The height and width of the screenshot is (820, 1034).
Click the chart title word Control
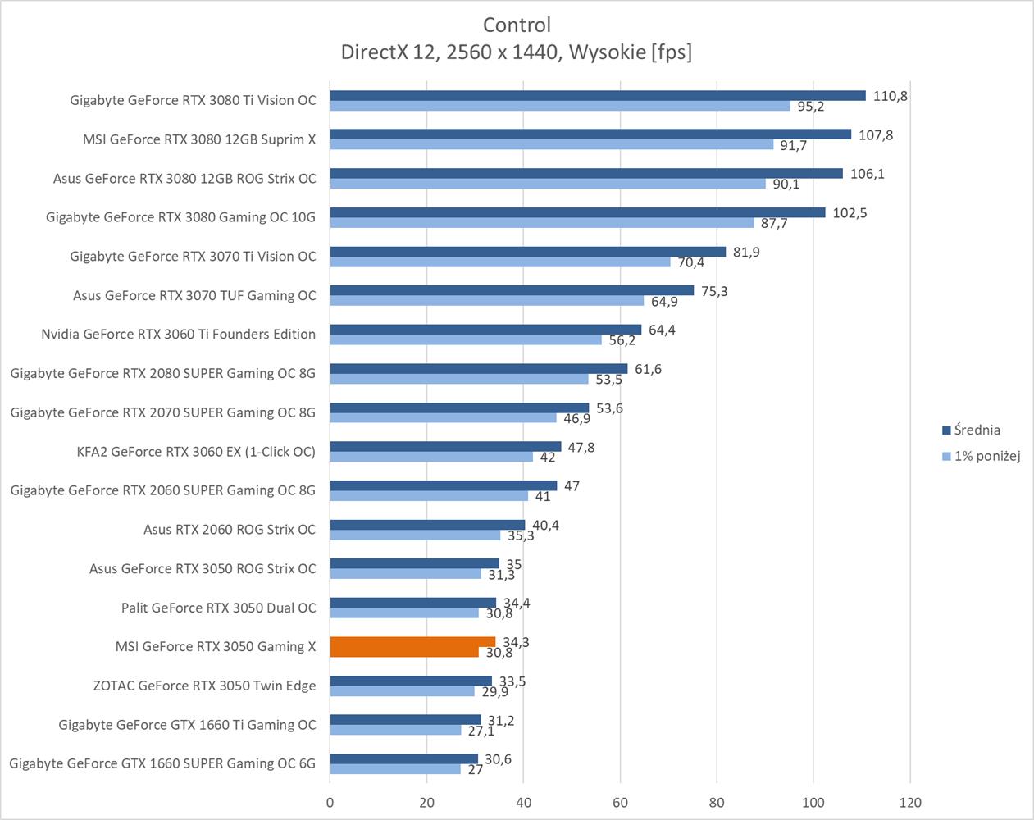point(517,25)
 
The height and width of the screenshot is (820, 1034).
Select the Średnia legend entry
point(977,430)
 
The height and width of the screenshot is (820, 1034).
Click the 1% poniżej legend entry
point(986,456)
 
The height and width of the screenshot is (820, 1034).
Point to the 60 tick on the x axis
point(620,802)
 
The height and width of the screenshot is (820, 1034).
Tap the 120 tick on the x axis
point(910,802)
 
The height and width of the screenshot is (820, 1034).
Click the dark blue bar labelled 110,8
point(598,96)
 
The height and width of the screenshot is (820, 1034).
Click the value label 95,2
point(809,107)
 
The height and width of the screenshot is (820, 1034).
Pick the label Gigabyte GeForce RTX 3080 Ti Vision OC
point(193,100)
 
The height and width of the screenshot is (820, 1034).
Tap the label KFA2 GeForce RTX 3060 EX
point(195,451)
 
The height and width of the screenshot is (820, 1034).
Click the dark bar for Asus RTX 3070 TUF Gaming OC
point(512,290)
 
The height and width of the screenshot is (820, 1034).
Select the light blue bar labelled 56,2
point(466,339)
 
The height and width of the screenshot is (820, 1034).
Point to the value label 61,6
point(648,369)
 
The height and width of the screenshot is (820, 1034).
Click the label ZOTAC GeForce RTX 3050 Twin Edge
point(204,686)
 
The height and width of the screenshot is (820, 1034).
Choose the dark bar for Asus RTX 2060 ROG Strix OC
point(427,525)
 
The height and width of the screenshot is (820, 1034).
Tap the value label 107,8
point(876,135)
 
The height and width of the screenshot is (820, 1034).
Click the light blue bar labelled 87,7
point(542,223)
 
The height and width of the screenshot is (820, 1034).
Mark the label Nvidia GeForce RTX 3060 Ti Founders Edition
point(178,334)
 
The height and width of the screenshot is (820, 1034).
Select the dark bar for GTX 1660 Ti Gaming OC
point(405,720)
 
